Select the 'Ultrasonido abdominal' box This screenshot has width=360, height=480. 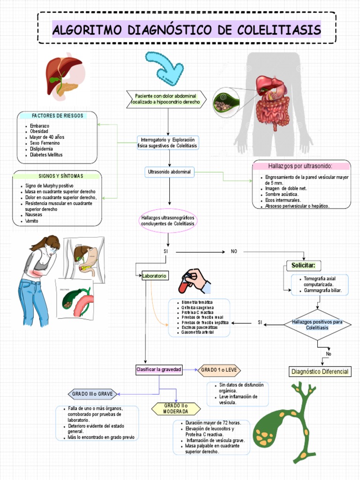(170, 172)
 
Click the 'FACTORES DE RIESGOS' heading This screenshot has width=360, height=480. (57, 116)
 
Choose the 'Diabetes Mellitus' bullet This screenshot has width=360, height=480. (46, 155)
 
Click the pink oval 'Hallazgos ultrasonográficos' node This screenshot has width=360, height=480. (167, 221)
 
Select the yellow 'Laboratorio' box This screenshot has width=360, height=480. (154, 276)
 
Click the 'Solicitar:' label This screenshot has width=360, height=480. (303, 266)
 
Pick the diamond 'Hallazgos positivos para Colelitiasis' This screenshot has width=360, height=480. (317, 325)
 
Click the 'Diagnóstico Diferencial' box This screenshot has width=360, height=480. (320, 372)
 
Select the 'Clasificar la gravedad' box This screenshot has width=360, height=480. (158, 369)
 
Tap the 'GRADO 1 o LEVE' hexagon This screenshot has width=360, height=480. (219, 370)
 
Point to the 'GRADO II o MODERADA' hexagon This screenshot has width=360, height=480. (176, 408)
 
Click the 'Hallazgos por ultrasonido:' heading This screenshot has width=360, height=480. (300, 166)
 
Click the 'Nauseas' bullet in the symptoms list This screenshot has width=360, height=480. (33, 215)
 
